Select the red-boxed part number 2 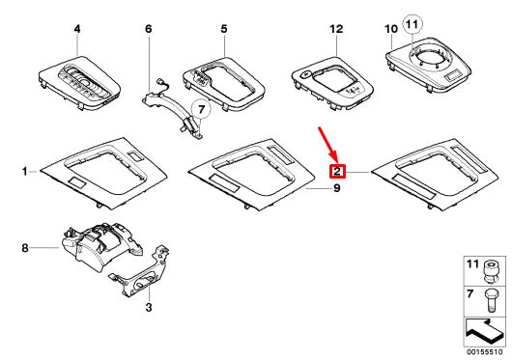point(338,173)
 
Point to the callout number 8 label point(24,248)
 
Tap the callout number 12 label point(335,30)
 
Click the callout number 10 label point(392,30)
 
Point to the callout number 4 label point(77,30)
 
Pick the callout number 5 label point(223,30)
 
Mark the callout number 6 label point(149,30)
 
